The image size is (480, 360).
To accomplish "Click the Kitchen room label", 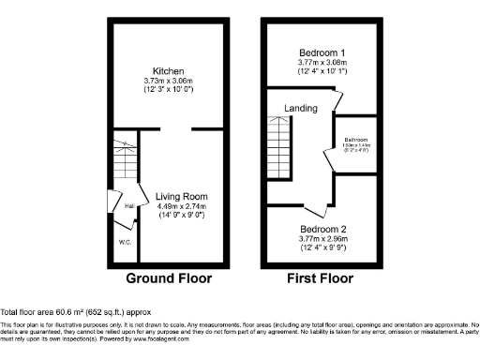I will coord(169,71).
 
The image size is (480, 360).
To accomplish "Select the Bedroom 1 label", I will coord(322,52).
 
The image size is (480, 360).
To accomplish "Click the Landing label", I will coord(301,109).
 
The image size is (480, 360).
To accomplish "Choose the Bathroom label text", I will coord(356,139).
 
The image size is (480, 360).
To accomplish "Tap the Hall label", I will coord(128,204).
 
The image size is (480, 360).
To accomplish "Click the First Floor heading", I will coord(322,278).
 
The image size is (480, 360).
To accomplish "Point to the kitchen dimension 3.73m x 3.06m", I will coord(169,82).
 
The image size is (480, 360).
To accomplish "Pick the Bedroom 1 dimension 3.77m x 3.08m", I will coord(322,62).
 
